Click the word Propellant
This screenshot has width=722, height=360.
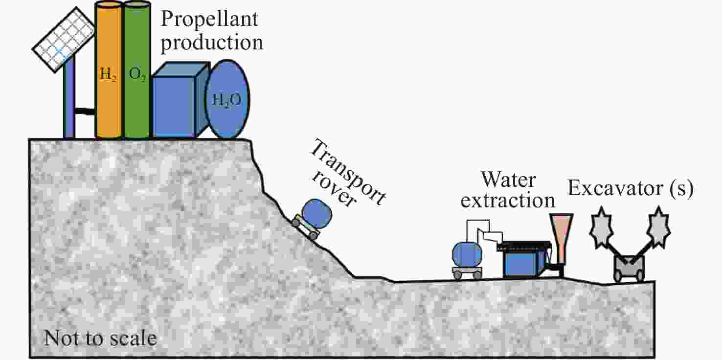tap(209, 20)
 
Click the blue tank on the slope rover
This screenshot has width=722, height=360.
tap(316, 213)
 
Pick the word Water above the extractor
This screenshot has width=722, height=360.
tap(508, 180)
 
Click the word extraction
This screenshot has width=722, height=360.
tap(508, 200)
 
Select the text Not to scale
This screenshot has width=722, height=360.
tap(100, 338)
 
